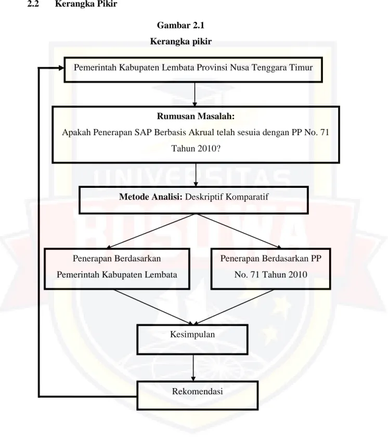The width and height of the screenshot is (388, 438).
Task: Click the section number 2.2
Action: click(33, 4)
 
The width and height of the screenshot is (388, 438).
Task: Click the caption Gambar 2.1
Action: click(180, 25)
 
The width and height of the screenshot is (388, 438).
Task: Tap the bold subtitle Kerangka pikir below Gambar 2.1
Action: click(180, 41)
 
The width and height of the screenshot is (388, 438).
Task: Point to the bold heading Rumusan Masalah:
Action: click(196, 116)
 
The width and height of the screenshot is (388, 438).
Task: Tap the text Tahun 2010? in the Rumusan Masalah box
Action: click(196, 148)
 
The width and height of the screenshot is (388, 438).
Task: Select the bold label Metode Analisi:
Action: click(150, 197)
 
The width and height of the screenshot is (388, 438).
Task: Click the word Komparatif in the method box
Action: click(247, 197)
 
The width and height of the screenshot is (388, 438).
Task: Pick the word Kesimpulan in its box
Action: click(192, 334)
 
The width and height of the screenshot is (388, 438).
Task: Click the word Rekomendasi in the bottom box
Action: click(197, 391)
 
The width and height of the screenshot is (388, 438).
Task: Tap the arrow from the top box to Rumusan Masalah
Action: click(195, 94)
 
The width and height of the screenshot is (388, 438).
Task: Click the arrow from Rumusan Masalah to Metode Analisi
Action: click(196, 175)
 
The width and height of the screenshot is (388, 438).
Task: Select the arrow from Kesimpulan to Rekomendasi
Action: click(193, 368)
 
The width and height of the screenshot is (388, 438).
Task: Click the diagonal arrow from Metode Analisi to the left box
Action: click(151, 231)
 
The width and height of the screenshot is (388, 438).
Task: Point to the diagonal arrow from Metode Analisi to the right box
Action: click(239, 231)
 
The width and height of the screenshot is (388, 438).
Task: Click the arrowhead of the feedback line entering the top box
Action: click(61, 68)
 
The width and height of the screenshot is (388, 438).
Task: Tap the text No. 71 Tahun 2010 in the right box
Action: click(270, 275)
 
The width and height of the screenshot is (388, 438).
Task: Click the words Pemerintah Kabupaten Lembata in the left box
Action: click(117, 275)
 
